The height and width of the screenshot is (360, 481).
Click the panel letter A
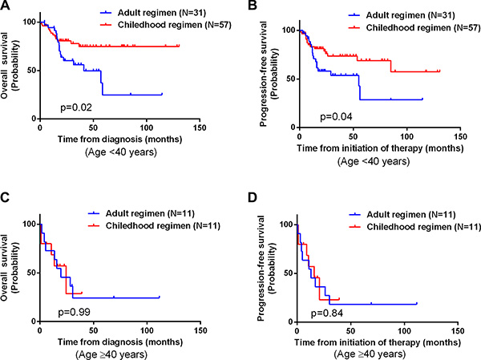click(7, 7)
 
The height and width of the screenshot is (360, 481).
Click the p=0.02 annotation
click(73, 105)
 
